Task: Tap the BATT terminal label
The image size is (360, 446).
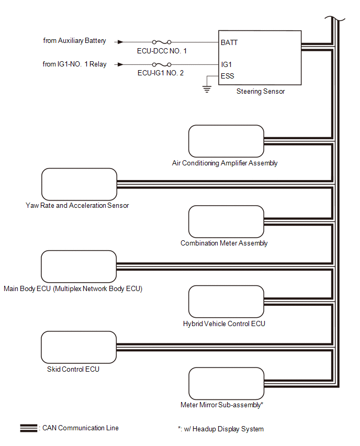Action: pos(229,42)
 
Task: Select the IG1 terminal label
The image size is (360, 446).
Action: pos(227,64)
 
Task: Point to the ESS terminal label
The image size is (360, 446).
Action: pos(228,76)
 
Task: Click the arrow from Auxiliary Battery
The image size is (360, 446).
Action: pos(121,42)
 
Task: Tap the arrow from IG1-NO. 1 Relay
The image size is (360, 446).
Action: pos(121,64)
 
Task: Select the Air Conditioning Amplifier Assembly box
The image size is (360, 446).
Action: pos(226,141)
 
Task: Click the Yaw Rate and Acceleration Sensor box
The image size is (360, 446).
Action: pos(78,184)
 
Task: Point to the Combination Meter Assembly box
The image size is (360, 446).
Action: pos(226,221)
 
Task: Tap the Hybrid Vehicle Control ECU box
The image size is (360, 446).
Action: pos(226,302)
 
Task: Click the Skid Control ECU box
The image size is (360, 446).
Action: pos(78,347)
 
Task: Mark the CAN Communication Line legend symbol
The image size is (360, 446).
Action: pos(28,428)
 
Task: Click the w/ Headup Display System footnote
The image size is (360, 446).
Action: pos(220,429)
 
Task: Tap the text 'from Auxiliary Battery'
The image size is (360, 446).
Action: pos(74,41)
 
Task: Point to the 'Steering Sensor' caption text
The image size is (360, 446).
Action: pos(261,92)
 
